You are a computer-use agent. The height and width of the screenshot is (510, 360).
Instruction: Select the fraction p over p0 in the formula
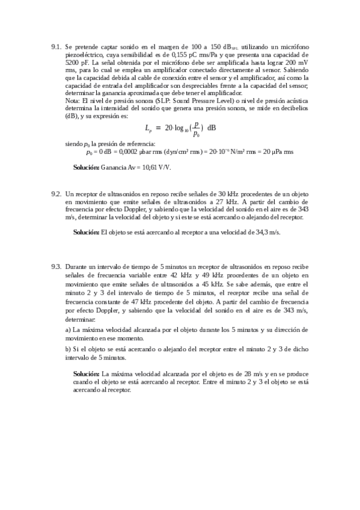coord(196,127)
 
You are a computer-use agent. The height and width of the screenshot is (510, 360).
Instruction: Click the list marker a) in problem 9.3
coord(68,330)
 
